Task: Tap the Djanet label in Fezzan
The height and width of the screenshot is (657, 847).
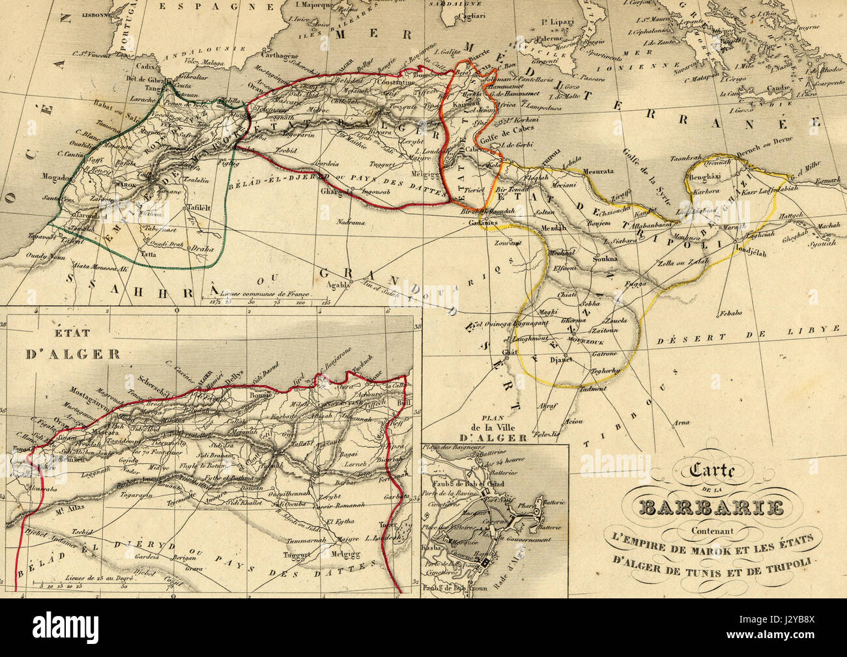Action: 561,359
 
